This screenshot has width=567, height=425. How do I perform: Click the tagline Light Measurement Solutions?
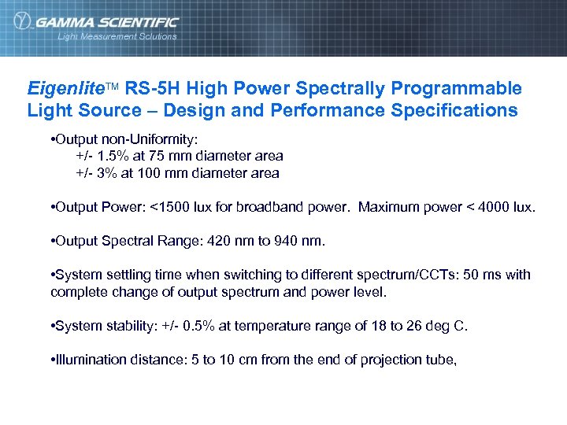point(117,36)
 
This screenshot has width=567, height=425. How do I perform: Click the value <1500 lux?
point(183,207)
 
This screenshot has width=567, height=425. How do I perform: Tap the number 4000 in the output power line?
point(496,207)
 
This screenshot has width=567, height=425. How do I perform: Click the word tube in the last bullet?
point(442,360)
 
